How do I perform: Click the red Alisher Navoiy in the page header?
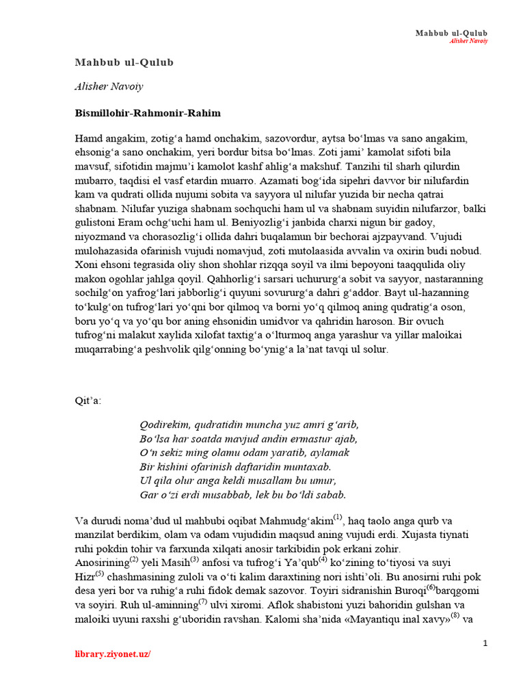click(x=468, y=41)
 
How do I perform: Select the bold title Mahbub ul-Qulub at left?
click(x=124, y=62)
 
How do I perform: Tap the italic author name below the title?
click(x=109, y=87)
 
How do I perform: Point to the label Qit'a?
click(x=87, y=400)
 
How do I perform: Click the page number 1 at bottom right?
click(x=485, y=643)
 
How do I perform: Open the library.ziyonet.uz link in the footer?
click(x=112, y=654)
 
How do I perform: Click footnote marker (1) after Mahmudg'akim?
click(x=337, y=516)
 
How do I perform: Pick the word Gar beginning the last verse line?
click(x=148, y=494)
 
